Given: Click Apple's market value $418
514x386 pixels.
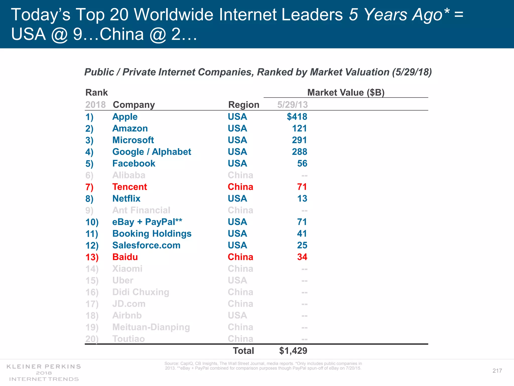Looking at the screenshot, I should pos(297,117).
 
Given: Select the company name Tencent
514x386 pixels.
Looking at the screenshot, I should pos(130,187).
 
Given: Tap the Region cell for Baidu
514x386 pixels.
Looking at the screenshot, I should pos(240,257).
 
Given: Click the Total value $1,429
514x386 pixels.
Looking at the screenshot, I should pos(293,351).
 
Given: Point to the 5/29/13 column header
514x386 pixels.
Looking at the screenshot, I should pos(292,105).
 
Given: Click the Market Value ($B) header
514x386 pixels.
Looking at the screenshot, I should pos(346,92).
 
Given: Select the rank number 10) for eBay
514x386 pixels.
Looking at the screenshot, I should pos(92,222).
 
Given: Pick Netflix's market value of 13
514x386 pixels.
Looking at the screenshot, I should pos(302,199).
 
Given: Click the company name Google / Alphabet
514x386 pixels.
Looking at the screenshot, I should pos(152,152).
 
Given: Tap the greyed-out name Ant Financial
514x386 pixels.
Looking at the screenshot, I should pos(141,210).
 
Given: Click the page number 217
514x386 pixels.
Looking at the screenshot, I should pos(497,371).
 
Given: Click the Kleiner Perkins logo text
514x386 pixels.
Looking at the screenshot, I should pos(44,367).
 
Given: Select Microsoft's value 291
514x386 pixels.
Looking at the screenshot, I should pos(299,140).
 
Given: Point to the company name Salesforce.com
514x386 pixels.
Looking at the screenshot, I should pos(146,246).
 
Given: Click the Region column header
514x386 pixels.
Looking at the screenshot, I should pos(243,105).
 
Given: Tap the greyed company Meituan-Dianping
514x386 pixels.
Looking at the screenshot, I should pos(151,327).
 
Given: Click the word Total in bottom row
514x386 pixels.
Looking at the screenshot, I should pos(243,351).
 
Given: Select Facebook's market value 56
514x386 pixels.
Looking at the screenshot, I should pos(302,164).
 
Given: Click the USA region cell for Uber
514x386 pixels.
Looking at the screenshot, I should pos(237,280).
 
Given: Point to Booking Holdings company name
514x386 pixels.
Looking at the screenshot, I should pos(152,234).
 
